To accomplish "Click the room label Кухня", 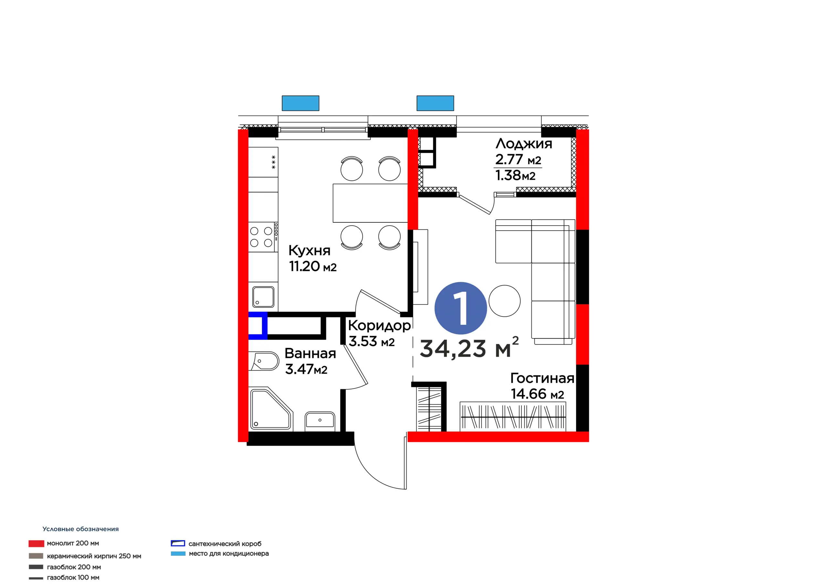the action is (x=309, y=250).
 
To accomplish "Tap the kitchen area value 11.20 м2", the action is (x=313, y=266).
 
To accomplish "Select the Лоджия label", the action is (x=524, y=144).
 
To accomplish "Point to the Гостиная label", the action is (x=542, y=378).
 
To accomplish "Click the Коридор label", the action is (x=379, y=326).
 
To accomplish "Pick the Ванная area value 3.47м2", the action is (x=306, y=369).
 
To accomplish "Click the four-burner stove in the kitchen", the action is (x=263, y=237).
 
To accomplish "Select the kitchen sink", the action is (x=263, y=297).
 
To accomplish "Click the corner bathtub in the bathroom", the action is (x=270, y=409).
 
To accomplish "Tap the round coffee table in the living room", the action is (x=505, y=301).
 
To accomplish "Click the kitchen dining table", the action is (x=370, y=203).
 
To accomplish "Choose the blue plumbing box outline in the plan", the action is (x=258, y=326).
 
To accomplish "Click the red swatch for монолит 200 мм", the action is (x=37, y=544).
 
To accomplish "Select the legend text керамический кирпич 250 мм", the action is (x=94, y=556).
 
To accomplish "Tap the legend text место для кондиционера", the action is (x=229, y=554).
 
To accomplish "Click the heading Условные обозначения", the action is (x=81, y=529).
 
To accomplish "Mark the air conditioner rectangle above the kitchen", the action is (x=300, y=103).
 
